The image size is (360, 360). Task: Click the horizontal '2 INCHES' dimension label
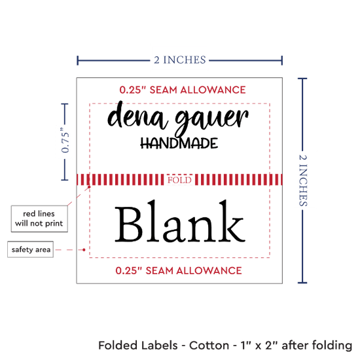point(180,60)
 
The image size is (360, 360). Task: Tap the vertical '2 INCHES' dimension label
point(303,180)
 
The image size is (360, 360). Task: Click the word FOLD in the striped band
point(179,180)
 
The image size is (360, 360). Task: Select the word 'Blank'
point(180,221)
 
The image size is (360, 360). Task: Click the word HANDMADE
point(179,143)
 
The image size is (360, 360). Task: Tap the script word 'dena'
point(137,115)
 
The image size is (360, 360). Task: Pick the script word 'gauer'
point(211,120)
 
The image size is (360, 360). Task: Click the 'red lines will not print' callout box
point(39,219)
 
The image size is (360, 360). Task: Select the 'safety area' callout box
point(31,249)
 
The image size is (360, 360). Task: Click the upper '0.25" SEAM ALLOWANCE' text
point(183,90)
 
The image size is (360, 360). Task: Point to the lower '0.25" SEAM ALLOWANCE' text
point(179,271)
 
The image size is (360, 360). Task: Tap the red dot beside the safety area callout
point(84,249)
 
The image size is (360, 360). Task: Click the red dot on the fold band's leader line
point(89,187)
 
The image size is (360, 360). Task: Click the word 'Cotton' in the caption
point(209,346)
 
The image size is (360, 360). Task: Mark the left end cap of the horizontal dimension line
point(78,60)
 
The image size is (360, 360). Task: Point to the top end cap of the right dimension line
point(302,79)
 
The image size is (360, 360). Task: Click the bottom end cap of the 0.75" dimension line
point(65,179)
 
